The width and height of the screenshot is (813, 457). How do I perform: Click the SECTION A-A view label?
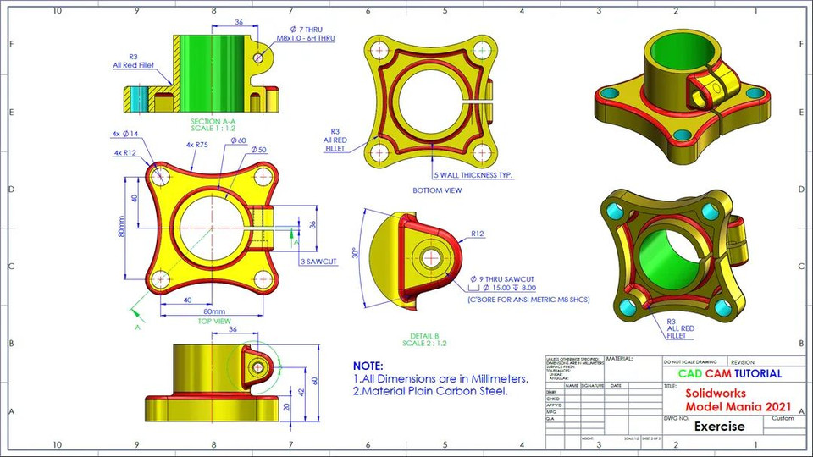212,121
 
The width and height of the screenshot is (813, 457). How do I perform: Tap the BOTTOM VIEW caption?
436,190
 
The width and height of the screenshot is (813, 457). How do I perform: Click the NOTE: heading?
368,366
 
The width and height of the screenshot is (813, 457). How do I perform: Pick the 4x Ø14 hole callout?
124,134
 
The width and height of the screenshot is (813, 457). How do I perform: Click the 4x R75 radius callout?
196,145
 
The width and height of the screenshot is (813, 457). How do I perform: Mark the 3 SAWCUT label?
318,262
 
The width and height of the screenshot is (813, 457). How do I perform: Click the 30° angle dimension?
357,253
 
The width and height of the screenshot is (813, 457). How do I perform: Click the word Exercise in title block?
719,427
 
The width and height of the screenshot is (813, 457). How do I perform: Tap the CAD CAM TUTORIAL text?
730,373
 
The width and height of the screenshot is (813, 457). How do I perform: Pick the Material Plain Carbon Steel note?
430,392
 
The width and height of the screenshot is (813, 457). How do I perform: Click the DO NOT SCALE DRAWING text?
690,361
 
